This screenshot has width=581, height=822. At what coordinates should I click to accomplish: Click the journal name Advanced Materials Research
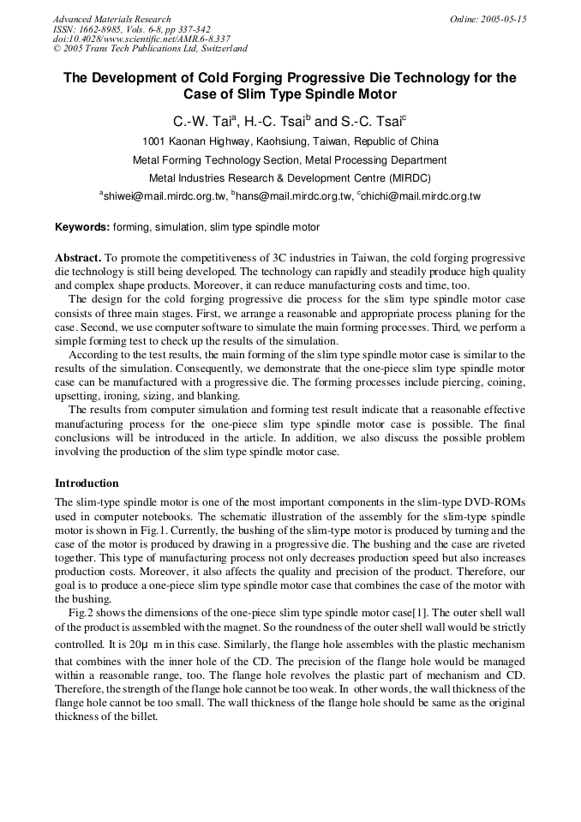click(111, 19)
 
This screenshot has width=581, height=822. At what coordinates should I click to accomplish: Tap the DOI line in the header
click(141, 39)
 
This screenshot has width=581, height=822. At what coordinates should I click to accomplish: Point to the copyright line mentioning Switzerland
click(150, 49)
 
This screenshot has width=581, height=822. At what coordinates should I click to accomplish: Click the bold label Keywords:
click(82, 227)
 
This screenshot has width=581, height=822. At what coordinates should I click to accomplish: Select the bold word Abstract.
click(79, 257)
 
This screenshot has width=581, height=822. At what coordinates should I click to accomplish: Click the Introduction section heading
click(87, 483)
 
